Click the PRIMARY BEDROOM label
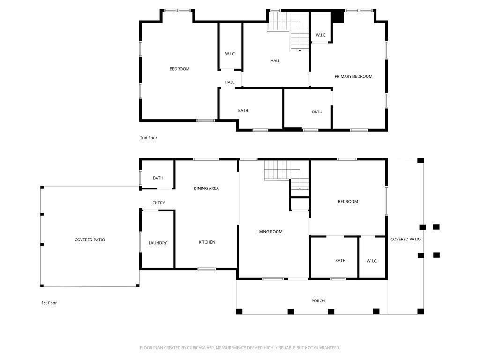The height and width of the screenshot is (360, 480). coord(353,76)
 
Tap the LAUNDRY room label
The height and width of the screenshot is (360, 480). coord(157,243)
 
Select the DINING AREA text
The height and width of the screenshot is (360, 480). coord(206,188)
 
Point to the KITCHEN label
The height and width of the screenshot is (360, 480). coord(207,242)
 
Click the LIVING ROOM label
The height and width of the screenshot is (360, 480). coord(270,232)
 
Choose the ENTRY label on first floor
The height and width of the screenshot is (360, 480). coord(158,203)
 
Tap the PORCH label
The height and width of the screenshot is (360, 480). coord(318,301)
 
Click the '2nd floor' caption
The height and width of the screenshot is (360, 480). coord(149,138)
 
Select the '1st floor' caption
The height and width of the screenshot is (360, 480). coord(49,303)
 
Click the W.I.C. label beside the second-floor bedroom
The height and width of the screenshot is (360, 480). coord(231,54)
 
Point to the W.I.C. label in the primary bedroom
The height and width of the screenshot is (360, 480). coord(321,35)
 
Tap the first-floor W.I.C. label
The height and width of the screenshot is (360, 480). coord(372,261)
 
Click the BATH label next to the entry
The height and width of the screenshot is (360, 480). coord(158,178)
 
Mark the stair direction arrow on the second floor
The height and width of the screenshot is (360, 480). coord(300,51)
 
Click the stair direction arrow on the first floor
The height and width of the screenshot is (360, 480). coord(300,188)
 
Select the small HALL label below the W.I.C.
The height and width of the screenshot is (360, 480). coord(230,82)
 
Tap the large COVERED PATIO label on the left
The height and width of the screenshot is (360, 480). coord(90,240)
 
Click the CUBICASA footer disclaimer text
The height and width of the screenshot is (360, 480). coord(240,348)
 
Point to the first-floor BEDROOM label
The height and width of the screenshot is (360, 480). coord(348,202)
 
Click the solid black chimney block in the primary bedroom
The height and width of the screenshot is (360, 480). coord(338,17)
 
